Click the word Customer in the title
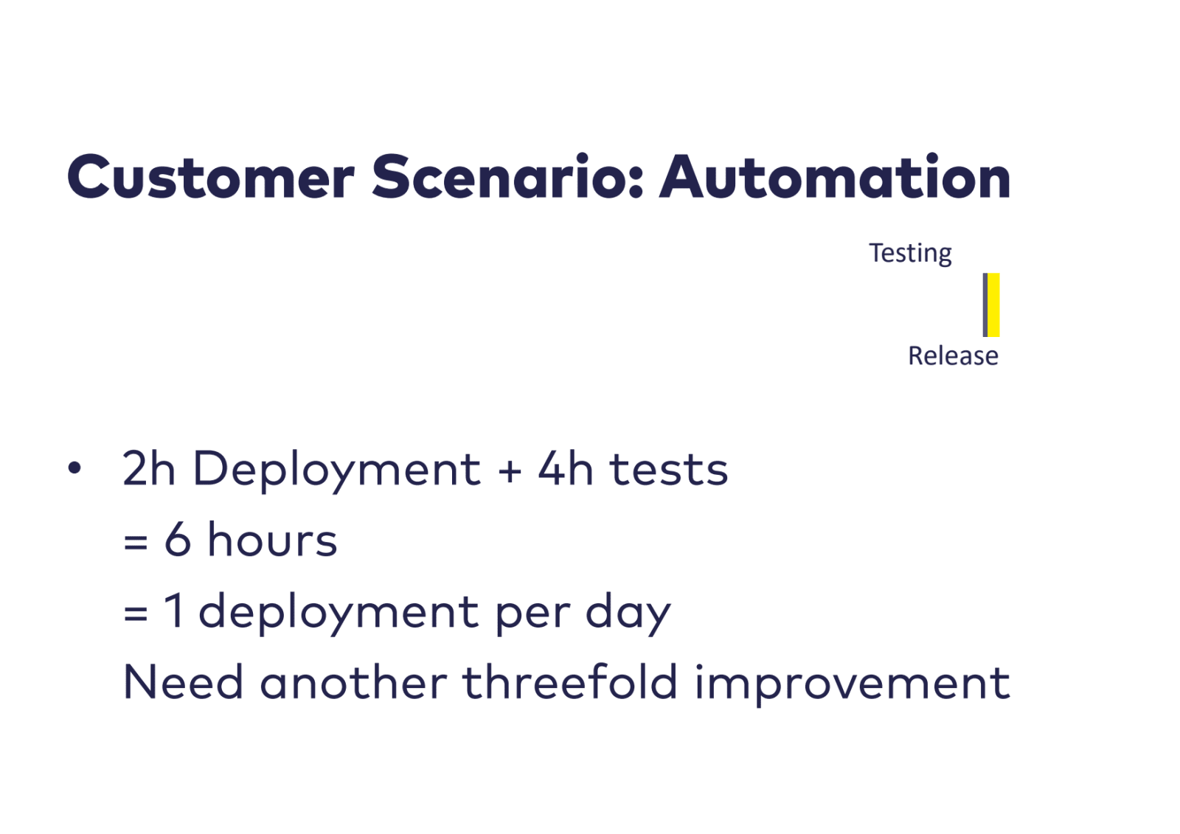point(211,176)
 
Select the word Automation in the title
point(835,176)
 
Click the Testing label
point(910,254)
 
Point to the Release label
point(953,355)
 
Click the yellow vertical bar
point(993,305)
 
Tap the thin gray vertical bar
point(985,305)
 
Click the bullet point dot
point(74,468)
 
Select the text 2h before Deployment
point(148,468)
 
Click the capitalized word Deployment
point(337,471)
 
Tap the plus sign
point(510,470)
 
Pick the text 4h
point(565,468)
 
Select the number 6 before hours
point(178,538)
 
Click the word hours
point(272,538)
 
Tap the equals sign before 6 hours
point(136,541)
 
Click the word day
point(628,614)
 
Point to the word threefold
point(570,681)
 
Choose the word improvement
point(853,685)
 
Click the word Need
point(184,681)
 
